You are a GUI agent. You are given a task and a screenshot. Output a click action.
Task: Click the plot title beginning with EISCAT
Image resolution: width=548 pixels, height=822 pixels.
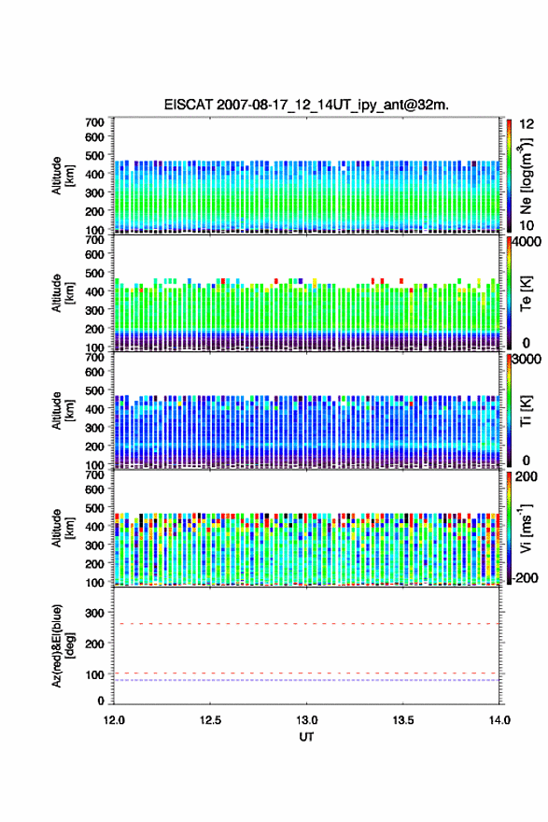point(306,105)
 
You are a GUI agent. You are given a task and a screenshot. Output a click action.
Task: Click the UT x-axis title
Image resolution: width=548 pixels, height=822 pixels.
point(306,737)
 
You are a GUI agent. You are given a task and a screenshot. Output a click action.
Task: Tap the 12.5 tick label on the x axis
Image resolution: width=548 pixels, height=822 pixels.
point(210,720)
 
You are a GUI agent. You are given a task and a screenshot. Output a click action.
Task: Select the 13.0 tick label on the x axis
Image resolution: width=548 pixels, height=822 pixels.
point(306,720)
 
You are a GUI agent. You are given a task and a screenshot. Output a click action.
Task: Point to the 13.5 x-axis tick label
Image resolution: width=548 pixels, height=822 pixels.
point(403,720)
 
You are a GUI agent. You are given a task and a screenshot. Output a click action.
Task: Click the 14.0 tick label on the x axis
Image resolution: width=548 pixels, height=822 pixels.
point(499,720)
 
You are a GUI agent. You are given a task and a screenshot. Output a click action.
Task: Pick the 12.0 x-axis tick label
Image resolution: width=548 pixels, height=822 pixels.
point(114,720)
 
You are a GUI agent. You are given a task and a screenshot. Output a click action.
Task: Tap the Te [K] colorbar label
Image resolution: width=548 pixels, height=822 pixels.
point(526,293)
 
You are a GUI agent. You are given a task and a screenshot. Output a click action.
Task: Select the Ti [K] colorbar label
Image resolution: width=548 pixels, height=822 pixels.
point(526,410)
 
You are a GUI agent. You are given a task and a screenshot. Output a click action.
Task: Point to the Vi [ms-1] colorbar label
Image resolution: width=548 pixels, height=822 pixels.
point(526,529)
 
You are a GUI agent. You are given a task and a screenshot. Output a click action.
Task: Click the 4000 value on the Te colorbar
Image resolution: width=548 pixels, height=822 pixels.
point(527,242)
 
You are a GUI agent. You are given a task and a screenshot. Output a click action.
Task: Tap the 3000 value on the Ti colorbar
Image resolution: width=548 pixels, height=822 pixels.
point(527,360)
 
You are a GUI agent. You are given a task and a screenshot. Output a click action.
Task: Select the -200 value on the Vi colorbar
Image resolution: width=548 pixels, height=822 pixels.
point(525,577)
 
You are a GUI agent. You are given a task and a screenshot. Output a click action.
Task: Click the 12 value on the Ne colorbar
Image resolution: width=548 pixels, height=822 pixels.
point(527,124)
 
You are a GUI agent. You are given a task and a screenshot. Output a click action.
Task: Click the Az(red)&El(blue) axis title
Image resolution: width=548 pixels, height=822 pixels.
point(63,645)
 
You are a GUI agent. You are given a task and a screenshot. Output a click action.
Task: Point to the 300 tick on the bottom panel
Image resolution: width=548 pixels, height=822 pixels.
point(94,613)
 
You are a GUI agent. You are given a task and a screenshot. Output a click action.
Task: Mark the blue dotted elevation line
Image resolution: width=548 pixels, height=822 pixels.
point(306,680)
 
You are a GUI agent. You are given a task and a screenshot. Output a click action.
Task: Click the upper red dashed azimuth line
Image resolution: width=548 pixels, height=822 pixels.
point(306,624)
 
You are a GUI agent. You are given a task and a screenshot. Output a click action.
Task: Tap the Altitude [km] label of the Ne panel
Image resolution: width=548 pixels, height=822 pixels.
point(63,177)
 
